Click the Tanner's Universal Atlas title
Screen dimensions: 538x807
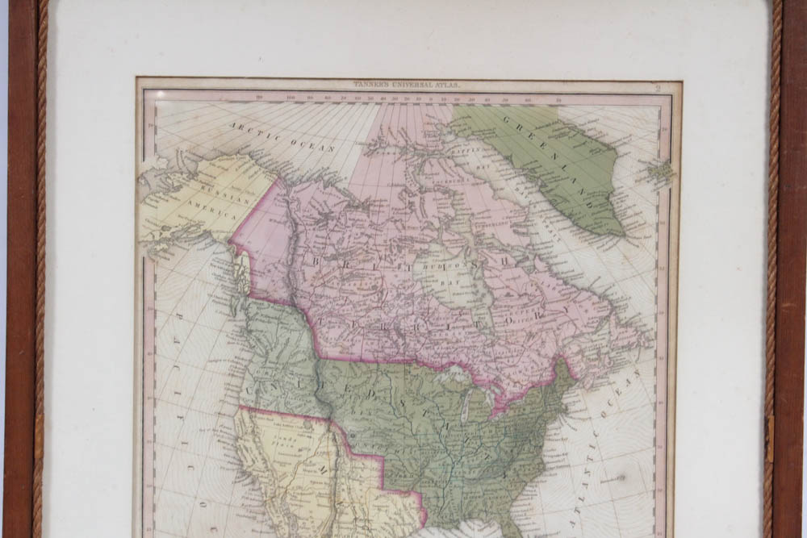[x=405, y=84]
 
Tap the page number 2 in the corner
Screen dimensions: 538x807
[x=658, y=89]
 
